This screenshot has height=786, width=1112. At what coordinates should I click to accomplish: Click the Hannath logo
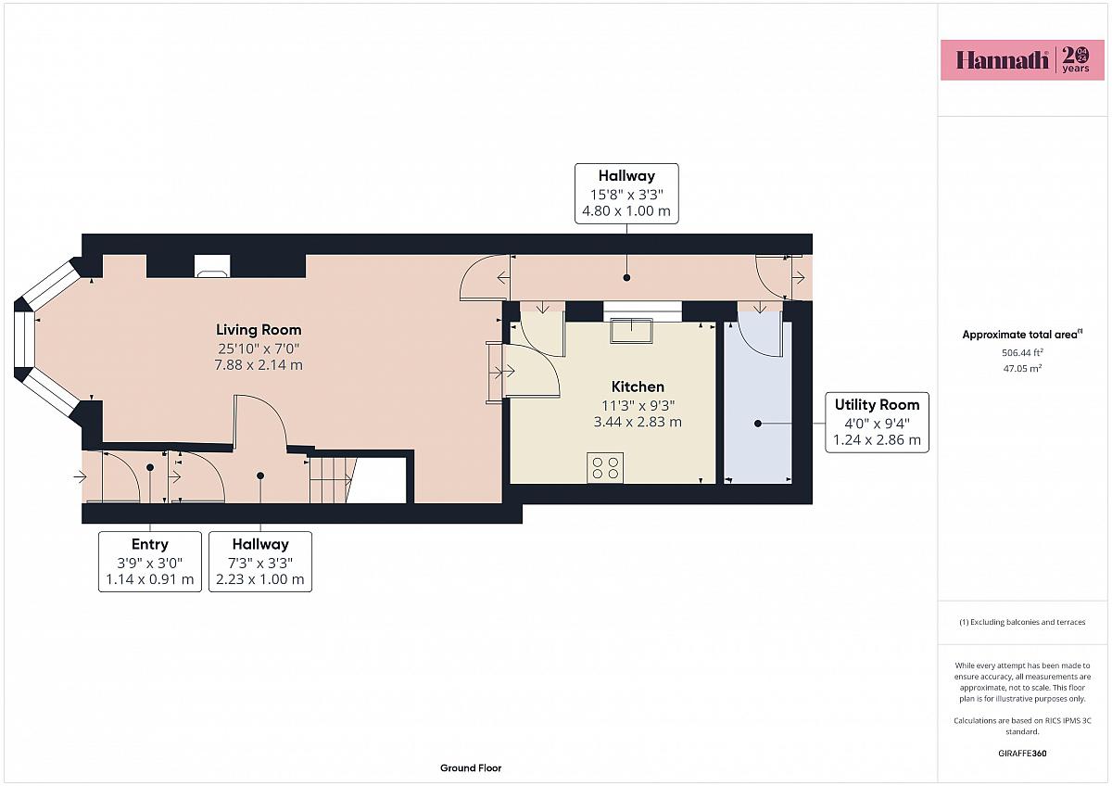click(x=1022, y=60)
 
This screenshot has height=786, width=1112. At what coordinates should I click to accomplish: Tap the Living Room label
click(x=259, y=330)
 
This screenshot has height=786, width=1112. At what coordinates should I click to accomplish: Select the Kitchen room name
click(x=638, y=387)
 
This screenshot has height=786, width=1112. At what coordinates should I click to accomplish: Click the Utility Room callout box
click(x=877, y=422)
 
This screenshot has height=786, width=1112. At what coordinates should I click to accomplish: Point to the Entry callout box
click(x=150, y=562)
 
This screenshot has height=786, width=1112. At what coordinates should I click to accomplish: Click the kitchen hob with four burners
click(x=605, y=468)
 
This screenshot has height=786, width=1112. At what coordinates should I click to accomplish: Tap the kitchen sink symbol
click(x=631, y=330)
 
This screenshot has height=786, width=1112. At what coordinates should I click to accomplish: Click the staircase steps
click(x=331, y=479)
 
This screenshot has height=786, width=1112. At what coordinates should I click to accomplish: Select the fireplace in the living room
click(x=212, y=266)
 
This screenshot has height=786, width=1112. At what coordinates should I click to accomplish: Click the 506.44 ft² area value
click(x=1022, y=352)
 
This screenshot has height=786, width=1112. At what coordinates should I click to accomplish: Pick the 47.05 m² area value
click(x=1022, y=368)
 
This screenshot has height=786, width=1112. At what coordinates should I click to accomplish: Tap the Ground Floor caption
click(x=471, y=768)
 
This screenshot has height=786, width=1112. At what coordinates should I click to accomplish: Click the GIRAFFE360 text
click(x=1022, y=754)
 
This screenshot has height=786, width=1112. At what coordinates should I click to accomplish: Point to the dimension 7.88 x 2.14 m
click(x=259, y=365)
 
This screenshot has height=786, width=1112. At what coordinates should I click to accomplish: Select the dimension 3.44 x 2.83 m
click(x=638, y=422)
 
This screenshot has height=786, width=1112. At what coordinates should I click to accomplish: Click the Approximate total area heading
click(x=1022, y=335)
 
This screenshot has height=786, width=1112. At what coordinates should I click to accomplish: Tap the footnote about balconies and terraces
click(x=1022, y=622)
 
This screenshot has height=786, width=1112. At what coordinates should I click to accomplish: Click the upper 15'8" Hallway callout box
click(x=626, y=194)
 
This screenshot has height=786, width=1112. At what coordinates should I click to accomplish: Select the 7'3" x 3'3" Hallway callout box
click(x=260, y=562)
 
